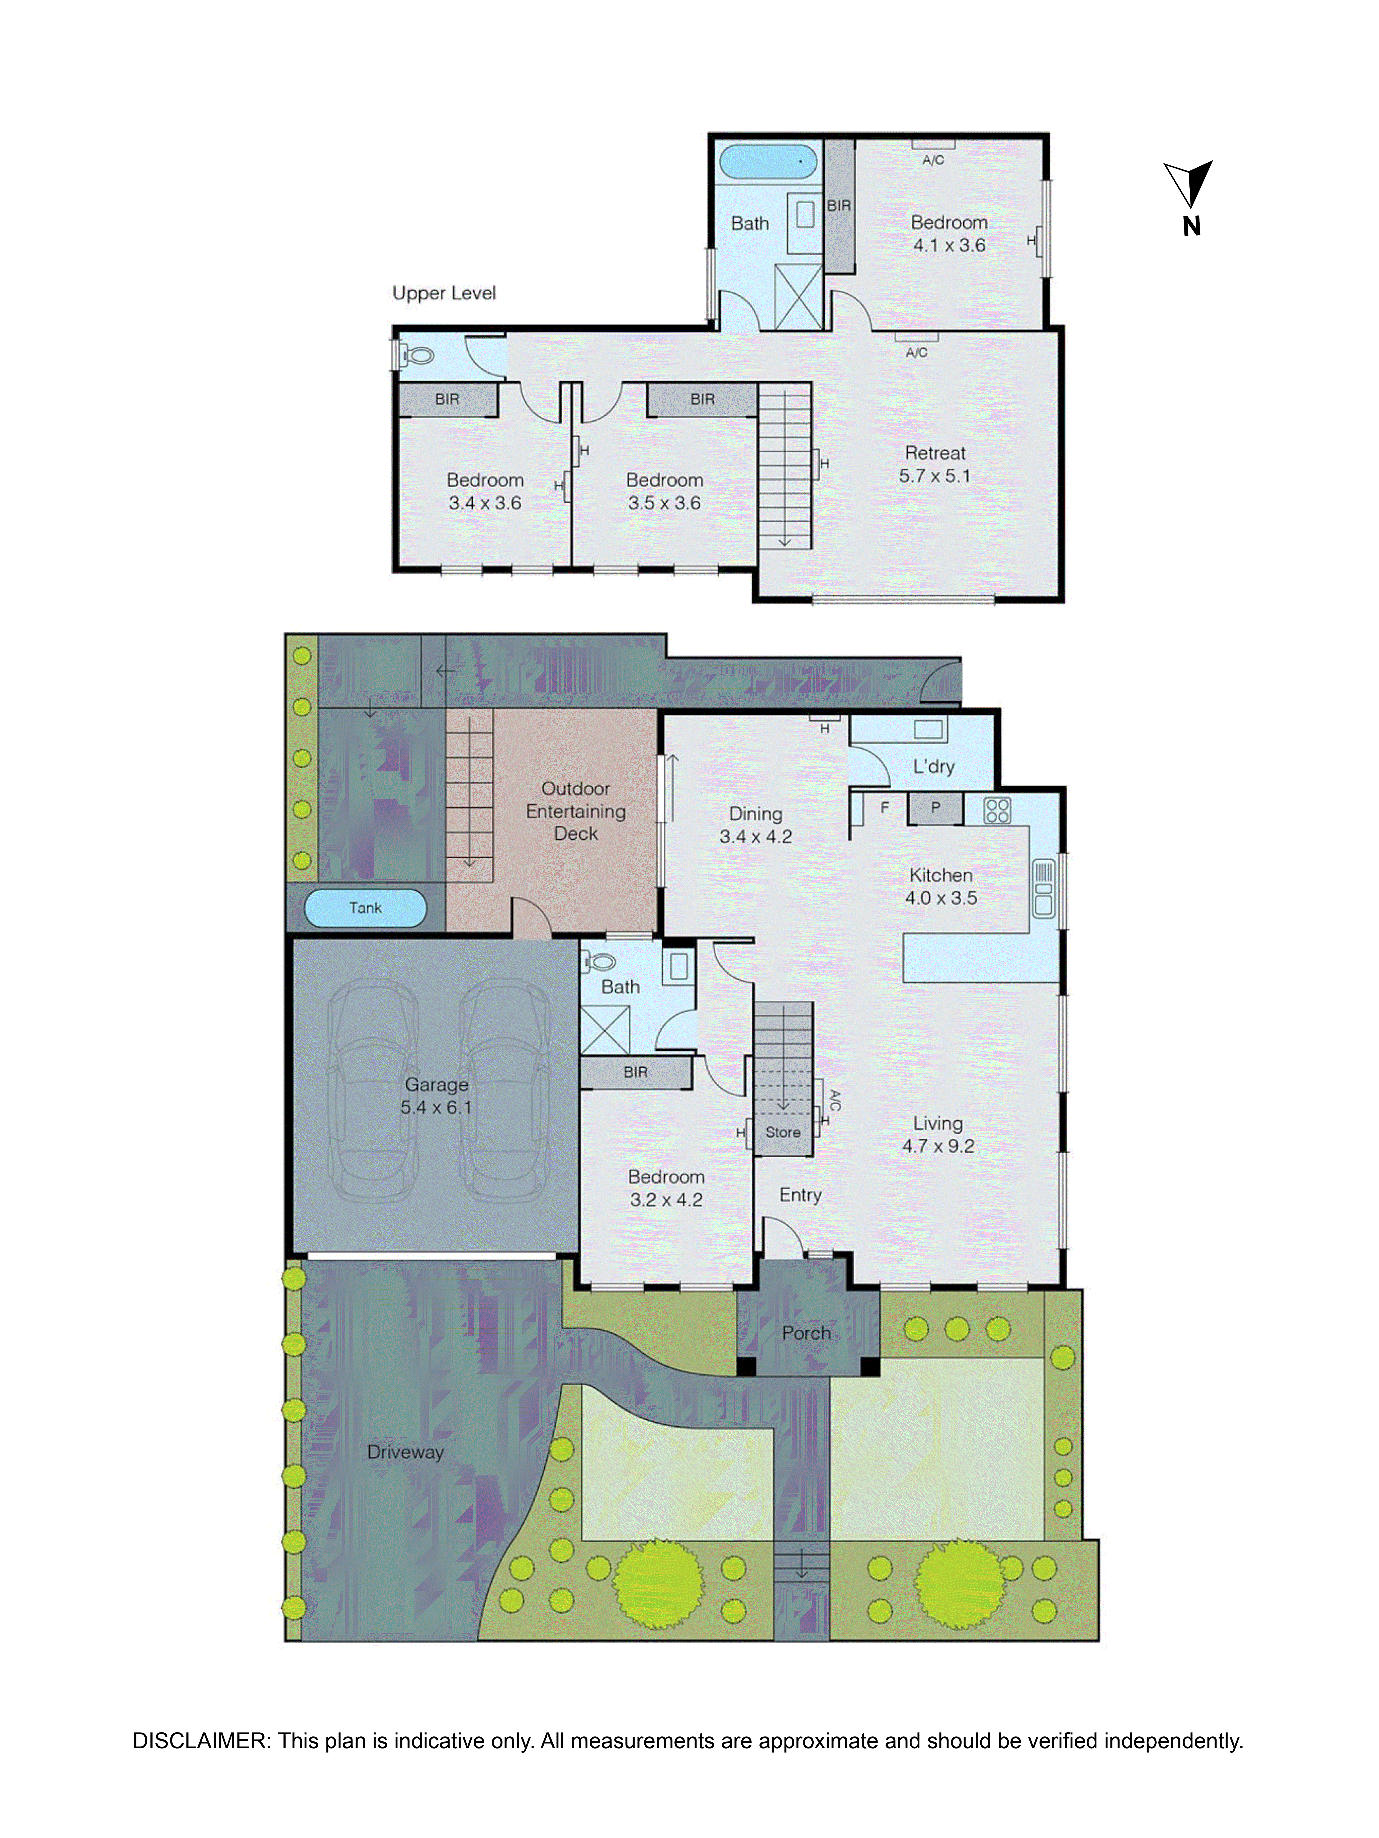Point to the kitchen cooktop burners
pyautogui.click(x=997, y=810)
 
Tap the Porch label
pyautogui.click(x=805, y=1333)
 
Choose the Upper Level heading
pyautogui.click(x=444, y=293)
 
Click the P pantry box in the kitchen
pyautogui.click(x=935, y=808)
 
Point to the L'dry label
pyautogui.click(x=933, y=766)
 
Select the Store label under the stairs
pyautogui.click(x=782, y=1132)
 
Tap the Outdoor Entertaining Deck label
pyautogui.click(x=575, y=811)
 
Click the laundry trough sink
pyautogui.click(x=928, y=729)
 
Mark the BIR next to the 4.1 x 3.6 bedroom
pyautogui.click(x=839, y=205)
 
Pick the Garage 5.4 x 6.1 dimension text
pyautogui.click(x=436, y=1107)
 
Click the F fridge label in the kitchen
pyautogui.click(x=884, y=807)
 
